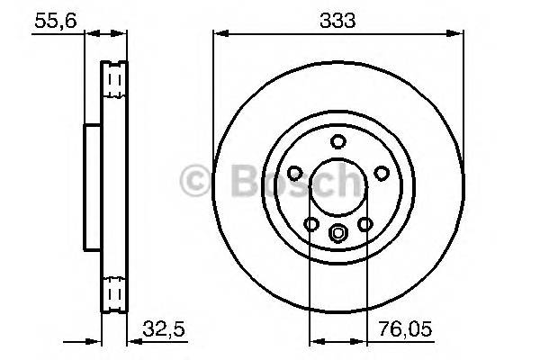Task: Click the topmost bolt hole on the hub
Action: pos(338,141)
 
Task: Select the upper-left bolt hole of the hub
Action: pos(294,173)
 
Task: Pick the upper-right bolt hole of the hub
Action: pos(382,173)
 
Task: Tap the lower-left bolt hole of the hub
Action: pos(311,224)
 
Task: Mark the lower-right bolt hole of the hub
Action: pos(365,224)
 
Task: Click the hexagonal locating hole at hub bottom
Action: pos(338,235)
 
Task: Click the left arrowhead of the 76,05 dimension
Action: pos(314,341)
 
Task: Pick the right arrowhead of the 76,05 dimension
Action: pos(363,341)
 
